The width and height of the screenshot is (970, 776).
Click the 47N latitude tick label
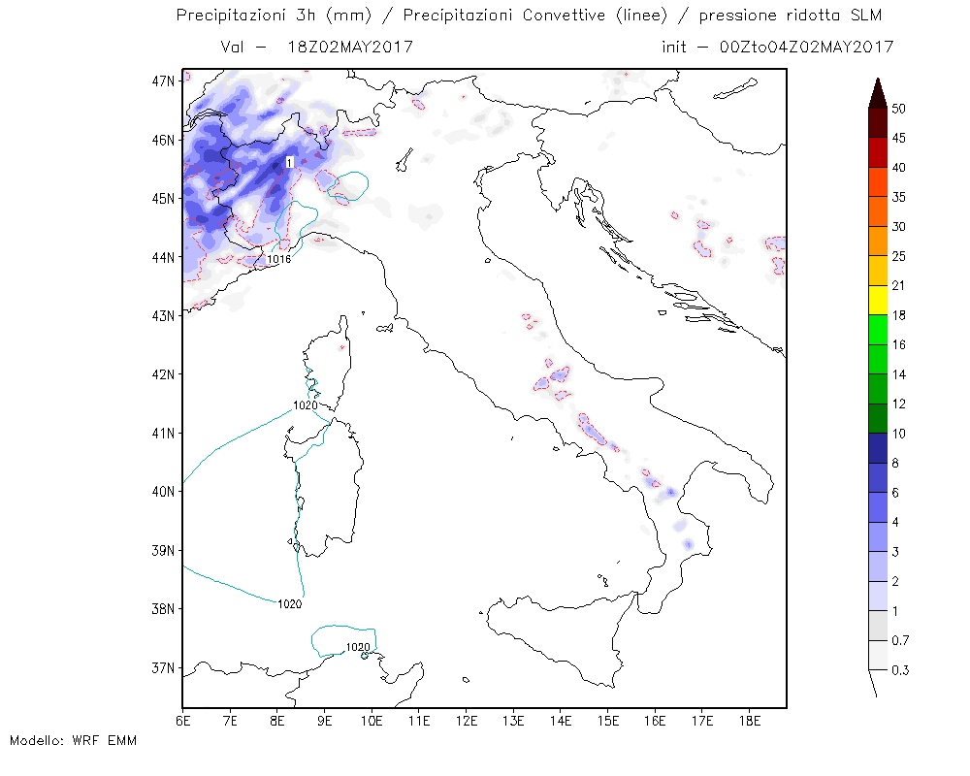click(164, 81)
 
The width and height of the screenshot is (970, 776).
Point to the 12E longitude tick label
click(466, 722)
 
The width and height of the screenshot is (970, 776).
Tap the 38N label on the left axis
click(164, 609)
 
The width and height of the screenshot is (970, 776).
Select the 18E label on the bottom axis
click(749, 722)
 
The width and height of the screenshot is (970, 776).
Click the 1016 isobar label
click(279, 259)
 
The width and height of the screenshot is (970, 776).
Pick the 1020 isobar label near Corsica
click(305, 405)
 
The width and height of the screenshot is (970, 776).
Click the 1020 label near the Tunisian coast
click(358, 647)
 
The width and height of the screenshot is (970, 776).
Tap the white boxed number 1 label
click(289, 163)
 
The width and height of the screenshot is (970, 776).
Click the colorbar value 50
click(898, 109)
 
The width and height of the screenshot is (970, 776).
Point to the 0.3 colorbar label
click(900, 670)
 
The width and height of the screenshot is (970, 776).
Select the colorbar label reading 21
click(898, 286)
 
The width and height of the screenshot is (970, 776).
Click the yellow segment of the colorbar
click(878, 301)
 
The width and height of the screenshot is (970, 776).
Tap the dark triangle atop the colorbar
click(878, 94)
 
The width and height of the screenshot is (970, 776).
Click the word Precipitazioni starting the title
click(230, 15)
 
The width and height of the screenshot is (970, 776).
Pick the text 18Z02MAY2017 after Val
click(350, 47)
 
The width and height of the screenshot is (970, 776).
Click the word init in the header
click(674, 47)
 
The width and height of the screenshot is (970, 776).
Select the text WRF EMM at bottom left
click(105, 741)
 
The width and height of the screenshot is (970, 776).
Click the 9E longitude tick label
click(324, 722)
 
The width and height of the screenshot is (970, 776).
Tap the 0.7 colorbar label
click(900, 640)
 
